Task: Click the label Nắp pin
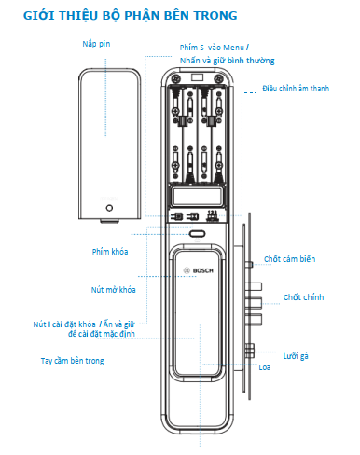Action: [96, 44]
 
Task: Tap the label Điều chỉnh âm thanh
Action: [296, 89]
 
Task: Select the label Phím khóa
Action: [110, 252]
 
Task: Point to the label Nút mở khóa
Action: [114, 290]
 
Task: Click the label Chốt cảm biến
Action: [290, 259]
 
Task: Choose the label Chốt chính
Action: [303, 297]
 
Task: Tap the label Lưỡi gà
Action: [296, 356]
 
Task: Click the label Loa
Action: [265, 367]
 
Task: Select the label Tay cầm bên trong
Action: [73, 361]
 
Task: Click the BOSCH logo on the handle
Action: [199, 270]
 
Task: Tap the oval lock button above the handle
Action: [197, 234]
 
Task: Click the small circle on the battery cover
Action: [109, 208]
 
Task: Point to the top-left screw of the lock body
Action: [176, 78]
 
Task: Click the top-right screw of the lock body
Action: [219, 78]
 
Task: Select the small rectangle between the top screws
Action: [197, 77]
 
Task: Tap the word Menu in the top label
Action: [233, 48]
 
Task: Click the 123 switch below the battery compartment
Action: [213, 215]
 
